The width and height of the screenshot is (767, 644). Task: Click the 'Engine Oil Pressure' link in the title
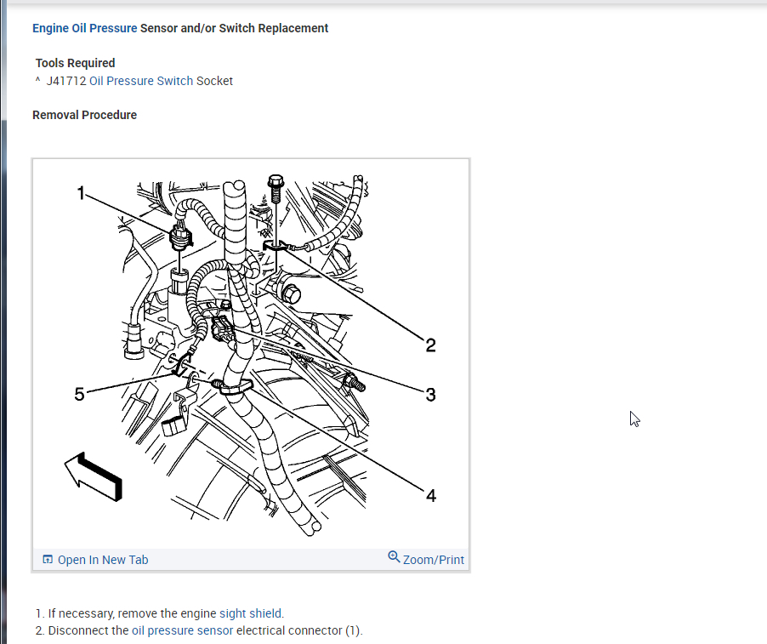pos(84,28)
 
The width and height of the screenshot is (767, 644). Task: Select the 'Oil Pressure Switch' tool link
pos(141,81)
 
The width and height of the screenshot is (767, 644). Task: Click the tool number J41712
pos(66,81)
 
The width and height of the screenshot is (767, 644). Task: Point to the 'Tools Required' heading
pos(75,63)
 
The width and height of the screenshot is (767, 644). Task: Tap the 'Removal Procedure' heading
pos(84,115)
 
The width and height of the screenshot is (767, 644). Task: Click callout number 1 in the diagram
pos(82,193)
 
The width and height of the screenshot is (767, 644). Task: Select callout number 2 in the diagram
pos(431,345)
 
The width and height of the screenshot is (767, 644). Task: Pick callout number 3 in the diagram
pos(431,394)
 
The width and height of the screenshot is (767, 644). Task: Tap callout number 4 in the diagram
pos(431,495)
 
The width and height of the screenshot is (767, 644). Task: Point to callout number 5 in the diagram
pos(80,394)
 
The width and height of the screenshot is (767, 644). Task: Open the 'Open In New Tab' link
pos(102,560)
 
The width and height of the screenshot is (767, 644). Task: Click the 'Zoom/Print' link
pos(434,560)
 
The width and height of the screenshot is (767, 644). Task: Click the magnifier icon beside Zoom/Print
pos(394,557)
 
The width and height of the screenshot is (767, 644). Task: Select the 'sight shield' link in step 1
pos(251,613)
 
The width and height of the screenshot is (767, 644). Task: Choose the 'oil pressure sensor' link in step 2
pos(182,630)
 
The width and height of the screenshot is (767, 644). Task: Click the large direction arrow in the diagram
pos(94,476)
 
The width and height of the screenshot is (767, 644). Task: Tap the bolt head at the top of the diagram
pos(276,181)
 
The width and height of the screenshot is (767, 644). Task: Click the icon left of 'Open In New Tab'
pos(48,560)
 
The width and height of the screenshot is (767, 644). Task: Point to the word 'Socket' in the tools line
pos(214,81)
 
